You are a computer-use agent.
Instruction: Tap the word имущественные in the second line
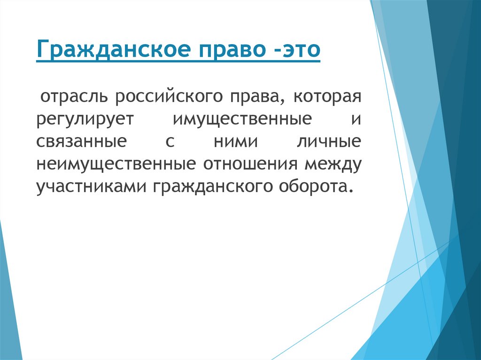click(x=242, y=120)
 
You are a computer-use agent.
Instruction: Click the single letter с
click(x=170, y=142)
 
